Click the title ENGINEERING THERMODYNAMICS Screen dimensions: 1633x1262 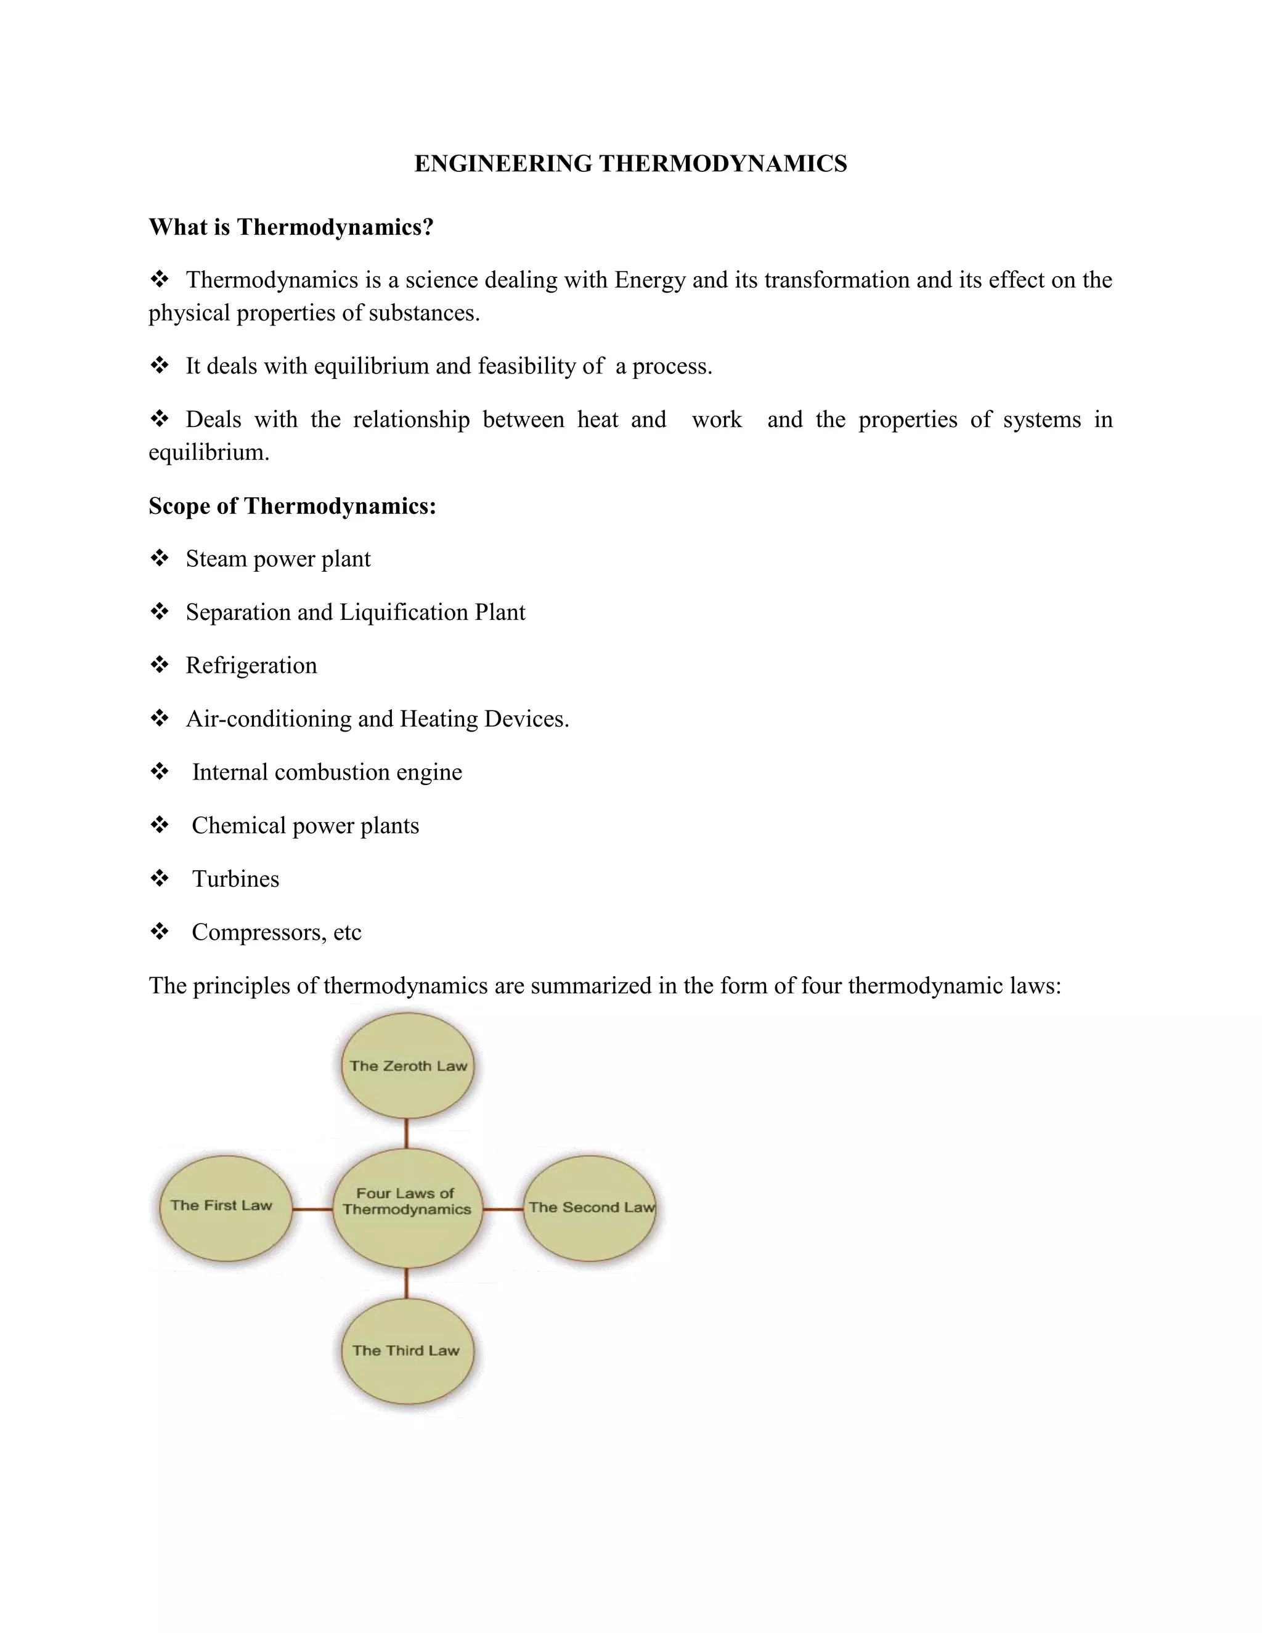pos(630,164)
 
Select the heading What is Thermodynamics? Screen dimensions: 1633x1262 pos(291,227)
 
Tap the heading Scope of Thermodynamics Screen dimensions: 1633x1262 pos(291,506)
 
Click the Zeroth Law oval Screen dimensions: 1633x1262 pos(407,1066)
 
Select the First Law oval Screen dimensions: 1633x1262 pos(225,1208)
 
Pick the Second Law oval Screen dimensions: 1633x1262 pos(590,1208)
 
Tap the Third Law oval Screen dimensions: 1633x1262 pos(407,1350)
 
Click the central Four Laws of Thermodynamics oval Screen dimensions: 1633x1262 pos(407,1208)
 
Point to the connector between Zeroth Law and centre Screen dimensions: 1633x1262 pos(406,1133)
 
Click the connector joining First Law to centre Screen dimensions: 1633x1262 pos(312,1208)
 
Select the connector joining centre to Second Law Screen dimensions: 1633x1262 pos(502,1208)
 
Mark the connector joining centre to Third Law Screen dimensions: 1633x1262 pos(406,1283)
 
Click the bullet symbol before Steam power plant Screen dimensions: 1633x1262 pos(159,558)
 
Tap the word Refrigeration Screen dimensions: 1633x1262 pos(251,666)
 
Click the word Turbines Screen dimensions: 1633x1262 pos(235,879)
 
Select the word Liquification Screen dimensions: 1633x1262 pos(404,613)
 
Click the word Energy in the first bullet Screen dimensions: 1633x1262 pos(649,280)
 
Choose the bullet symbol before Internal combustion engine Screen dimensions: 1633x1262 pos(159,772)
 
